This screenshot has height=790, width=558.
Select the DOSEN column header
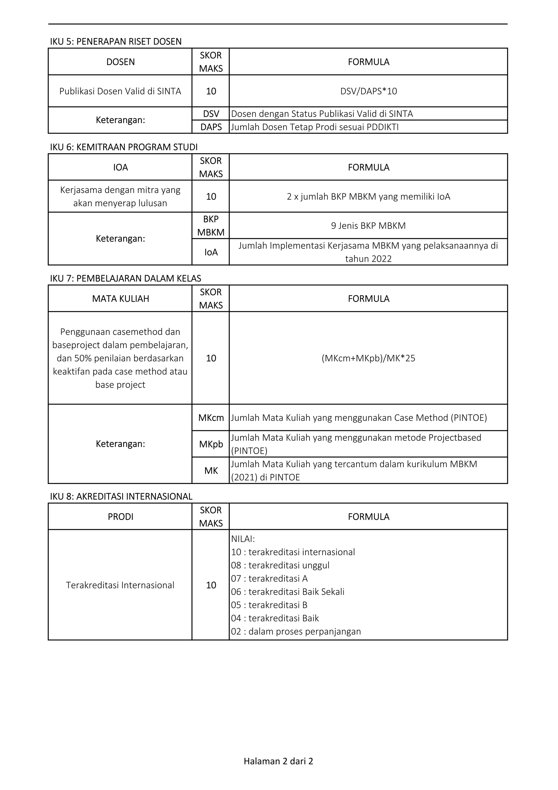120,62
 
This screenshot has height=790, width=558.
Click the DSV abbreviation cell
211,113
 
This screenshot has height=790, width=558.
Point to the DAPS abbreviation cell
211,127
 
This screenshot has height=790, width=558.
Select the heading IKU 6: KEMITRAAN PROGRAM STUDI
124,147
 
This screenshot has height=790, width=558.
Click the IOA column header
120,167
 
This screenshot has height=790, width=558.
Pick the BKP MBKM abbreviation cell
211,226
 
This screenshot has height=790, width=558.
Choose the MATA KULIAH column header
120,299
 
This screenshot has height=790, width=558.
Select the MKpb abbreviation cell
211,444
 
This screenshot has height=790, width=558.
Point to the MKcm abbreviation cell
211,418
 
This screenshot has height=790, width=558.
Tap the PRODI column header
120,517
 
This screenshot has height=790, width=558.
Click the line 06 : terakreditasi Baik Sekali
287,591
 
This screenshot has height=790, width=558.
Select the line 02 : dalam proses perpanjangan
296,631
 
